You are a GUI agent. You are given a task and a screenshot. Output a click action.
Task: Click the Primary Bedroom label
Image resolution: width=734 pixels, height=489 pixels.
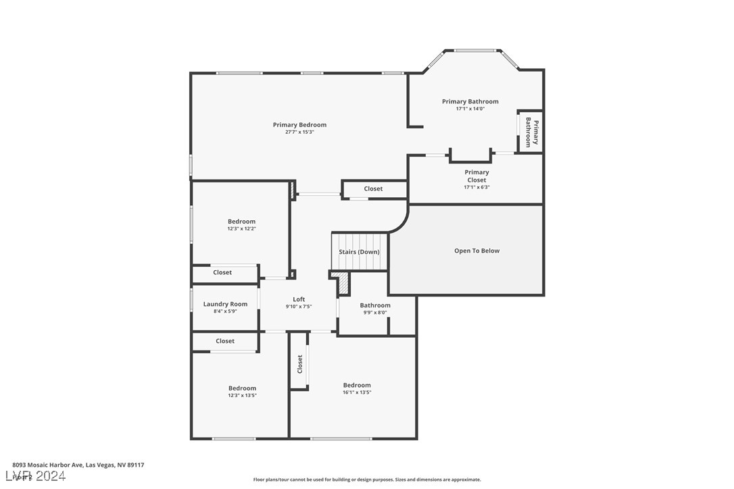pyautogui.click(x=299, y=125)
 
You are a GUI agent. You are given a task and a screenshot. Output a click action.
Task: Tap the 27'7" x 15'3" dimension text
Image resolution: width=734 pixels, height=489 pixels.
pyautogui.click(x=299, y=132)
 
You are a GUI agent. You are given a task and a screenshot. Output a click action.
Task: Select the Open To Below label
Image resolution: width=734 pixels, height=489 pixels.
pyautogui.click(x=476, y=251)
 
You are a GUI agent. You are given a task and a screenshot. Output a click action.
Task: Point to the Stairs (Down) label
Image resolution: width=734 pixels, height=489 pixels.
pyautogui.click(x=359, y=252)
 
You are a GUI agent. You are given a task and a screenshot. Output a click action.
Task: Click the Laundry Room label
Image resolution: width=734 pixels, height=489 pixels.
pyautogui.click(x=225, y=304)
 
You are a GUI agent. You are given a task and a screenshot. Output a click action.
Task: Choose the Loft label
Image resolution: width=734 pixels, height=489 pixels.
pyautogui.click(x=299, y=299)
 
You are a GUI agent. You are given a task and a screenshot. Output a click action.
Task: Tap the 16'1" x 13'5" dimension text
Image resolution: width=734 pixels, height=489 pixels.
pyautogui.click(x=356, y=392)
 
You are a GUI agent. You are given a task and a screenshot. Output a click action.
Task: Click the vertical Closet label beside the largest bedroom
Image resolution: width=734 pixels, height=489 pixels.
pyautogui.click(x=300, y=365)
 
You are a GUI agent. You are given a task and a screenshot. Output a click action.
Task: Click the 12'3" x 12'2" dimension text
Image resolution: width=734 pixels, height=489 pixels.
pyautogui.click(x=241, y=229)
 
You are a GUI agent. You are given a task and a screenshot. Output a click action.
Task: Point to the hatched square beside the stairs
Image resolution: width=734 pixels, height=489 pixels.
pyautogui.click(x=343, y=284)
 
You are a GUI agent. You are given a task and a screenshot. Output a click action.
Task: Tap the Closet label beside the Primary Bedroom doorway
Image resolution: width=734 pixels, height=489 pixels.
pyautogui.click(x=373, y=189)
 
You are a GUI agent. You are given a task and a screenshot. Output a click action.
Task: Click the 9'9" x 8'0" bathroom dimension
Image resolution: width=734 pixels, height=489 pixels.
pyautogui.click(x=374, y=313)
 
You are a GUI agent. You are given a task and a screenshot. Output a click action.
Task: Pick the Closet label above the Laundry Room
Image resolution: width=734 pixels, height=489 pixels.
pyautogui.click(x=222, y=273)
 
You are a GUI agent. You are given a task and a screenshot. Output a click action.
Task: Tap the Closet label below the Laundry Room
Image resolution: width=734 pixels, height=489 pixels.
pyautogui.click(x=225, y=341)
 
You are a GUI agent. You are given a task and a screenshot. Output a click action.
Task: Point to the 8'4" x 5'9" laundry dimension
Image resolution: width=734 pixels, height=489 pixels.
pyautogui.click(x=225, y=311)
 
